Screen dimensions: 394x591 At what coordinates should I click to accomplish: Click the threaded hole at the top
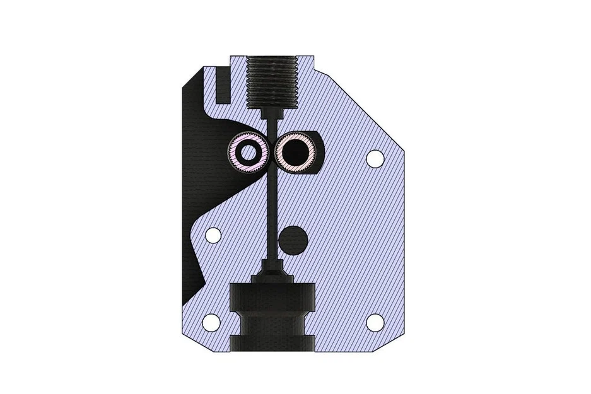[x=274, y=82]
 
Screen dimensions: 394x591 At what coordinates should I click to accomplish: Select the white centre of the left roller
[x=250, y=151]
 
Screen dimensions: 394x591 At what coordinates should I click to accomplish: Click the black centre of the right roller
[x=294, y=151]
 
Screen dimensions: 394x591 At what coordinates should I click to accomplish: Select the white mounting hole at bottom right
[x=375, y=322]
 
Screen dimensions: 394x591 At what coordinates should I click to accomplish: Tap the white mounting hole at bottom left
[x=211, y=322]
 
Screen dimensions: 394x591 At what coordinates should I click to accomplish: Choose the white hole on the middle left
[x=213, y=236]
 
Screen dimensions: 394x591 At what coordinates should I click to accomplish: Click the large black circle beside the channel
[x=293, y=238]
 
